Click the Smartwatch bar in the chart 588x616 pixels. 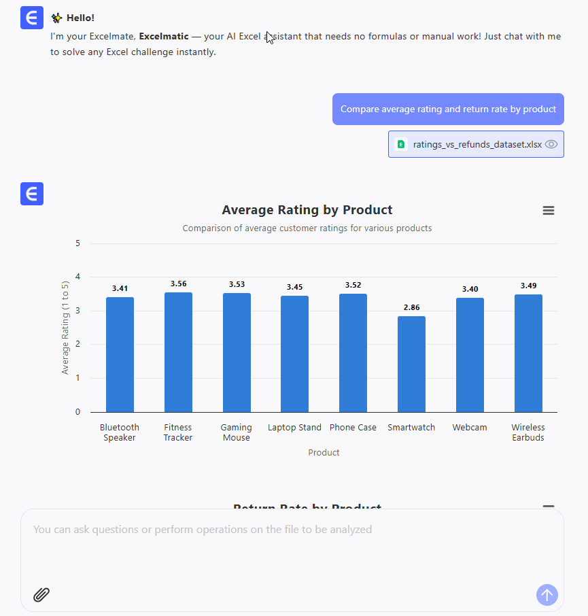pyautogui.click(x=411, y=364)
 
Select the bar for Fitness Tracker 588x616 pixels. pyautogui.click(x=178, y=352)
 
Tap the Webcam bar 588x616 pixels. pyautogui.click(x=470, y=355)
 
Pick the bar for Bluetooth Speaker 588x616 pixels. pyautogui.click(x=120, y=354)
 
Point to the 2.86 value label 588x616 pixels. pyautogui.click(x=411, y=307)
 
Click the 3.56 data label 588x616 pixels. pyautogui.click(x=178, y=284)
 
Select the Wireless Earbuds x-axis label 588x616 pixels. pyautogui.click(x=528, y=432)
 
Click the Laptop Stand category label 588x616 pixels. pyautogui.click(x=294, y=428)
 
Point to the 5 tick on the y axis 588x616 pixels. pyautogui.click(x=77, y=243)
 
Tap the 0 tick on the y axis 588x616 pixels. pyautogui.click(x=77, y=412)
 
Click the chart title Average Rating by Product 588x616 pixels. pyautogui.click(x=307, y=210)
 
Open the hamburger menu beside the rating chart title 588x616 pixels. pyautogui.click(x=549, y=211)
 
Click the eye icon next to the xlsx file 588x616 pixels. pyautogui.click(x=551, y=144)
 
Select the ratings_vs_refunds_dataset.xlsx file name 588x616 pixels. pyautogui.click(x=477, y=144)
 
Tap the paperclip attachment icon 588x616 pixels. pyautogui.click(x=41, y=595)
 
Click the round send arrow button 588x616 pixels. pyautogui.click(x=547, y=595)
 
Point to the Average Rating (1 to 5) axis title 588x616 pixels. pyautogui.click(x=65, y=328)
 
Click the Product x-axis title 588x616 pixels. pyautogui.click(x=324, y=452)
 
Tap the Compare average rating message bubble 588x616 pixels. pyautogui.click(x=448, y=109)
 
